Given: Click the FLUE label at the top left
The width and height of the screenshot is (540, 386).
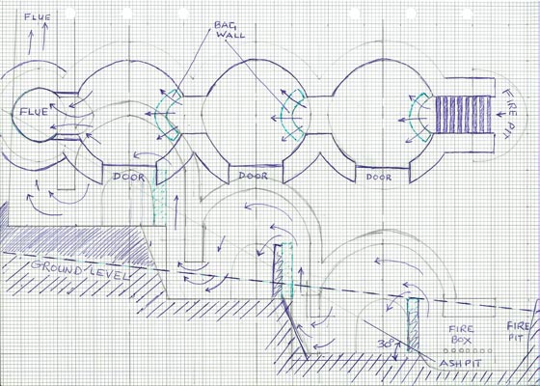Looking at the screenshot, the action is pyautogui.click(x=38, y=17).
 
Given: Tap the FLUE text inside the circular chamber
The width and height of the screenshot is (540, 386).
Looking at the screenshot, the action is pyautogui.click(x=34, y=111).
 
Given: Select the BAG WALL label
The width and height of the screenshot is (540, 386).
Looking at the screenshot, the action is pyautogui.click(x=229, y=30).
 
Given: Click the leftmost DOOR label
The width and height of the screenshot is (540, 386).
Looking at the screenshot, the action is pyautogui.click(x=129, y=178).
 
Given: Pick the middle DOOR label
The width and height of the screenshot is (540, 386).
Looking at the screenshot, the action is pyautogui.click(x=253, y=176).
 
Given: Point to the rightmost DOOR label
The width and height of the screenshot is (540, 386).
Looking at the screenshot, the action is pyautogui.click(x=379, y=178).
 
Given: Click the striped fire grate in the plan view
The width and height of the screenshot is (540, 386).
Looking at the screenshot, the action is pyautogui.click(x=463, y=115).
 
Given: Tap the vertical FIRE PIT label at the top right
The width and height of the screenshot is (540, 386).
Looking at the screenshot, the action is pyautogui.click(x=510, y=114).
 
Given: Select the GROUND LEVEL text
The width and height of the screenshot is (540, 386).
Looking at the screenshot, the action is pyautogui.click(x=79, y=269).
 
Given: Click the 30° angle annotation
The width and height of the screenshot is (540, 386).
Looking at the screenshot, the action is pyautogui.click(x=386, y=344).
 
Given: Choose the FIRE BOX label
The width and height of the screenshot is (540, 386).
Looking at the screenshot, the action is pyautogui.click(x=462, y=334).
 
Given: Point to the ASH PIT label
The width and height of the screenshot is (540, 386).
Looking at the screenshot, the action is pyautogui.click(x=460, y=363).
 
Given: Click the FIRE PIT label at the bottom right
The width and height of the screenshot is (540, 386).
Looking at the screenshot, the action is pyautogui.click(x=519, y=331).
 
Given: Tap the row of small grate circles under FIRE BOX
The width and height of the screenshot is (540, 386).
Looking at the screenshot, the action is pyautogui.click(x=468, y=351).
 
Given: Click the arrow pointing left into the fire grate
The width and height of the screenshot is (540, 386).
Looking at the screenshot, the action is pyautogui.click(x=501, y=114).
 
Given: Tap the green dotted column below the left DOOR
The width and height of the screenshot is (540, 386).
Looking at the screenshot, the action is pyautogui.click(x=159, y=197).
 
